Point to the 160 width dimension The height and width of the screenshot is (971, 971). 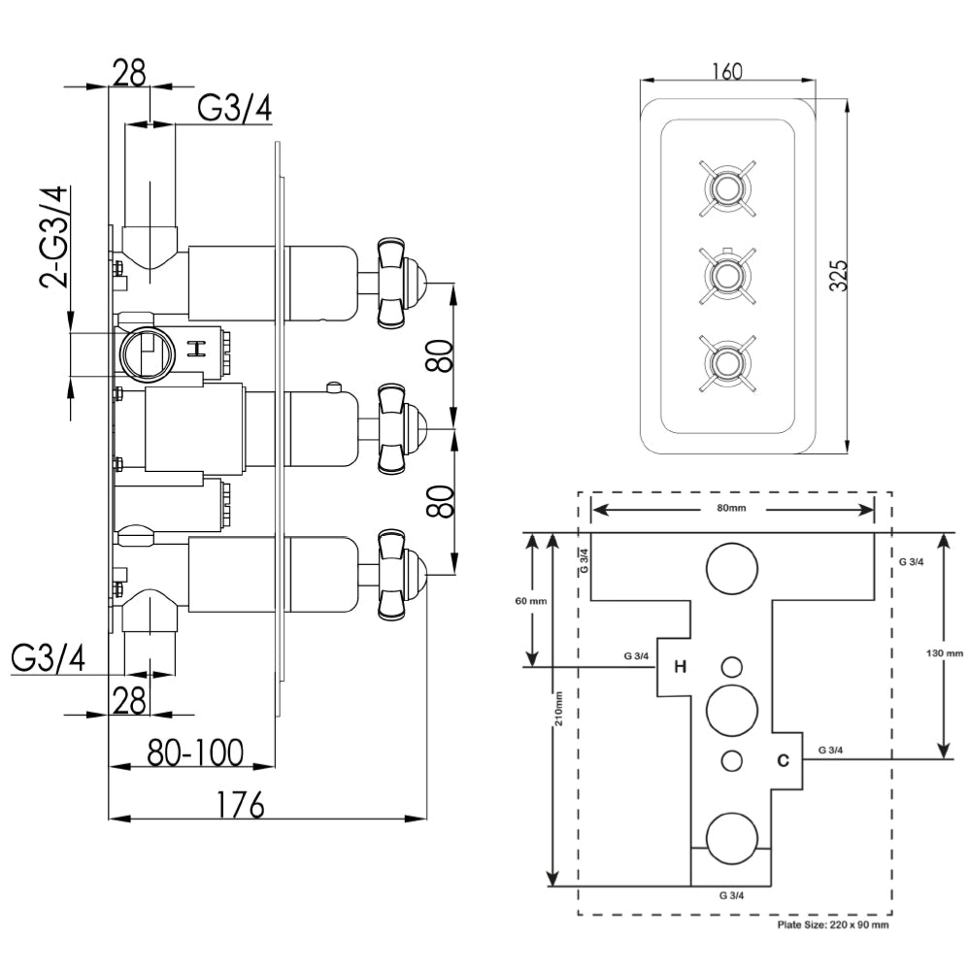[x=726, y=72]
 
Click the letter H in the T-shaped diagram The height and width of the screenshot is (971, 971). [x=680, y=666]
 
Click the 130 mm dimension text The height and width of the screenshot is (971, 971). [x=946, y=653]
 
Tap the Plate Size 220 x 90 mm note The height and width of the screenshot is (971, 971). [x=833, y=925]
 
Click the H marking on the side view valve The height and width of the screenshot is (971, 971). [x=197, y=349]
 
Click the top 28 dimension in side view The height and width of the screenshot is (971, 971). [x=129, y=72]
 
